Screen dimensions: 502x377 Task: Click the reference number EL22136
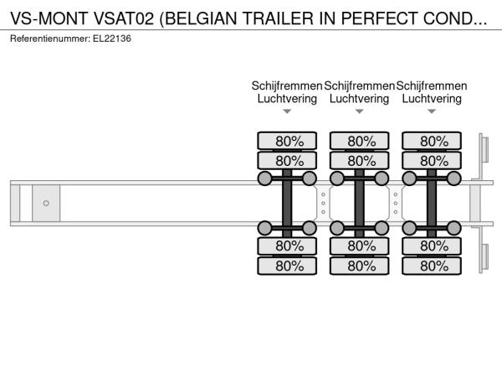[x=112, y=39]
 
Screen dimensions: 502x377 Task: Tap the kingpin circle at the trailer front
[x=46, y=203]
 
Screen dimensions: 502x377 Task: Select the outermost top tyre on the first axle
[x=287, y=141]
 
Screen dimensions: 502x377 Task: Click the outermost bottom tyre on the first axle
[x=287, y=266]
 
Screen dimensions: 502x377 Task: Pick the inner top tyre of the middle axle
[x=360, y=161]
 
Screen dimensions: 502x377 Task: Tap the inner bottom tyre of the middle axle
[x=360, y=245]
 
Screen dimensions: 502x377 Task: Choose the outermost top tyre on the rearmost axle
[x=432, y=141]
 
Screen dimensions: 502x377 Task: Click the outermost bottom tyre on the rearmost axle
[x=432, y=266]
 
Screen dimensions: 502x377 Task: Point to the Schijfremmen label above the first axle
[x=287, y=86]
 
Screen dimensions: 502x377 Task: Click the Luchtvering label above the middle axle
[x=359, y=99]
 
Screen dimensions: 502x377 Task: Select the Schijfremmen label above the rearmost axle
[x=432, y=86]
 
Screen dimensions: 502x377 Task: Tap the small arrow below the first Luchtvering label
[x=287, y=111]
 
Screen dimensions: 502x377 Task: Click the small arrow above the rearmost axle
[x=432, y=111]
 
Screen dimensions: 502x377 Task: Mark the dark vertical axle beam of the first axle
[x=287, y=204]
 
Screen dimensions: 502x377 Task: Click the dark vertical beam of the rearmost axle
[x=432, y=204]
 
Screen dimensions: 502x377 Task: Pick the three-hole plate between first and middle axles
[x=323, y=204]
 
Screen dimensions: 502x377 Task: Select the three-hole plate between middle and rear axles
[x=396, y=204]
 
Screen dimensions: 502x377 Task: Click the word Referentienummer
[x=50, y=39]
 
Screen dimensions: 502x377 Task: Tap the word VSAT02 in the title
[x=124, y=18]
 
